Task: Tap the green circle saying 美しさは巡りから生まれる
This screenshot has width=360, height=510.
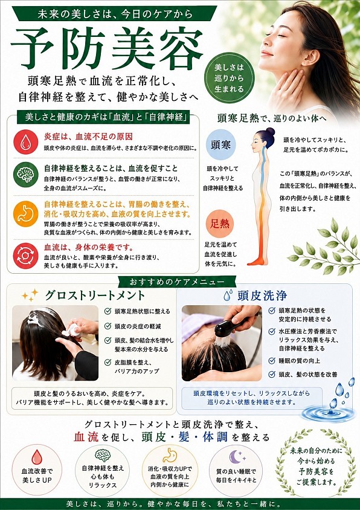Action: click(230, 78)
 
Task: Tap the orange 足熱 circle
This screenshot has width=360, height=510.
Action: click(220, 224)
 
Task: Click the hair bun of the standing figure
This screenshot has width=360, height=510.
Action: click(270, 132)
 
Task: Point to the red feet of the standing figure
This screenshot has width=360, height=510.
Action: click(257, 261)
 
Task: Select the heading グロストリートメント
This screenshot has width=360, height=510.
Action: click(95, 295)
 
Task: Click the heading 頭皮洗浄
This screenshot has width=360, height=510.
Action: click(262, 295)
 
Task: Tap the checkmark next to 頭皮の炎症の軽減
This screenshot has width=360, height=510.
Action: click(108, 326)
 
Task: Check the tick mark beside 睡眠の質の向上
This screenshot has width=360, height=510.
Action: click(272, 360)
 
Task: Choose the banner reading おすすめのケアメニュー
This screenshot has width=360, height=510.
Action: click(177, 281)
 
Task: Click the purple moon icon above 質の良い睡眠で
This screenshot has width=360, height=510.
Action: click(236, 456)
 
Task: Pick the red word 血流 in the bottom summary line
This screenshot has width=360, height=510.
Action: click(86, 437)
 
